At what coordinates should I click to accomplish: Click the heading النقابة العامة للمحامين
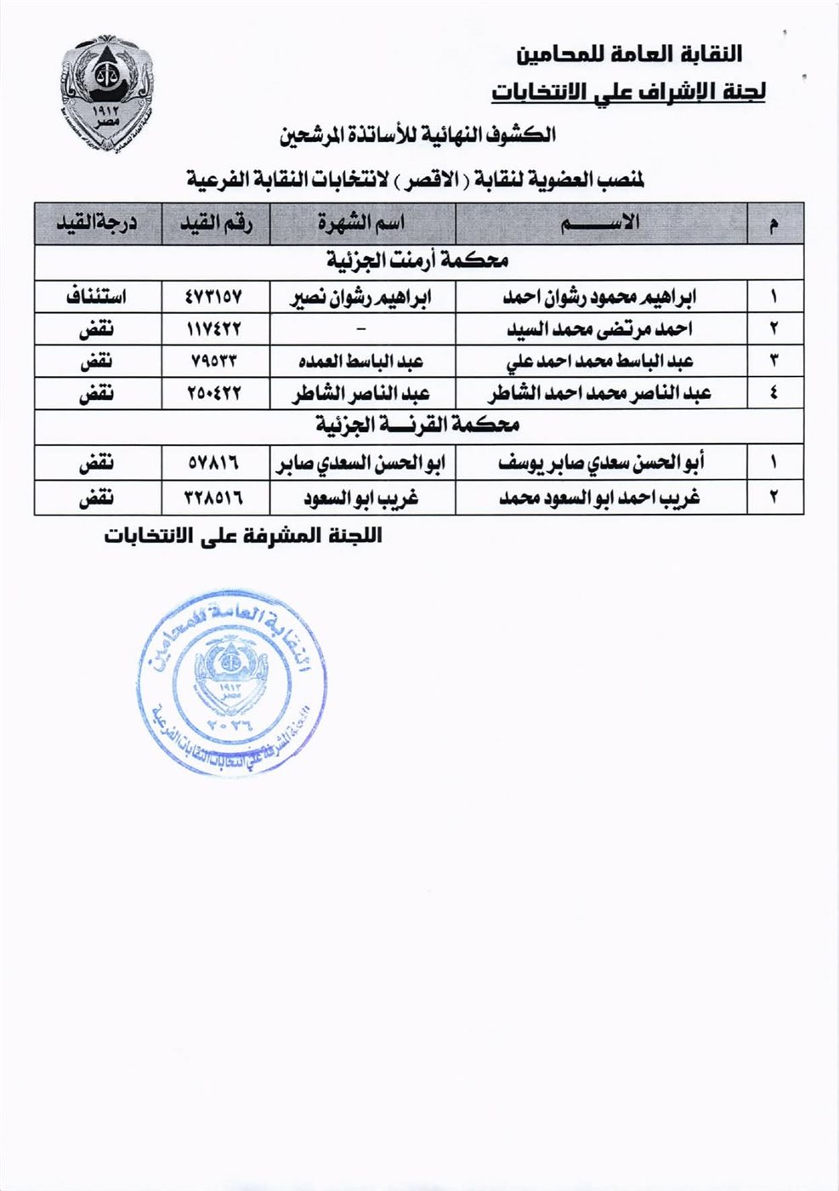point(630,54)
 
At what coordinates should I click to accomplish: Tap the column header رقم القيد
point(214,224)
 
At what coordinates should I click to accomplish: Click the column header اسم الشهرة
point(361,224)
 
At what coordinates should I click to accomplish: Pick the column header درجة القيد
point(97,224)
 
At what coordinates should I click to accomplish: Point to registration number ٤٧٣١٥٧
point(214,298)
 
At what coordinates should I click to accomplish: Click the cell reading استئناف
point(97,298)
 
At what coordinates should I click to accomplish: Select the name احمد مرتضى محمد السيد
point(601,329)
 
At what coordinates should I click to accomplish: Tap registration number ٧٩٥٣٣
point(214,361)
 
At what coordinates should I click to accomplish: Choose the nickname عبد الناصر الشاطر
point(361,394)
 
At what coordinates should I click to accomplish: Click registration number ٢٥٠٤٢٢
point(214,394)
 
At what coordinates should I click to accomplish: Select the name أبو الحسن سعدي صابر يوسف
point(601,464)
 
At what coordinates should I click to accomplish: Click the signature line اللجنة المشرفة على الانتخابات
point(243,536)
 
